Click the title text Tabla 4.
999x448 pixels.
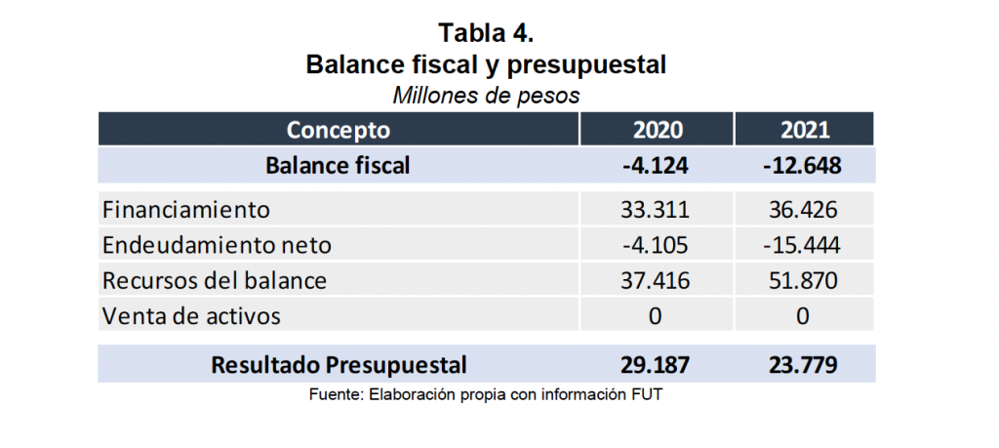486,32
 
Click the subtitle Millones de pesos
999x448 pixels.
486,96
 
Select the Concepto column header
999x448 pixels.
339,130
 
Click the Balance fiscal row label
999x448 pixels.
338,165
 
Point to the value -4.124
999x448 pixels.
656,165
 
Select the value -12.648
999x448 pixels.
803,165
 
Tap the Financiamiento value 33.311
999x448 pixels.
656,209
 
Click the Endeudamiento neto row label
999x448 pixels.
217,244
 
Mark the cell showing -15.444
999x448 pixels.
803,244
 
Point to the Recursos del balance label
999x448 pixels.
215,280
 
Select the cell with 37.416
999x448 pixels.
656,280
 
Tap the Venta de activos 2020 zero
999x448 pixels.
656,316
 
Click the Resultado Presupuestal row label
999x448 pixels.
340,365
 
